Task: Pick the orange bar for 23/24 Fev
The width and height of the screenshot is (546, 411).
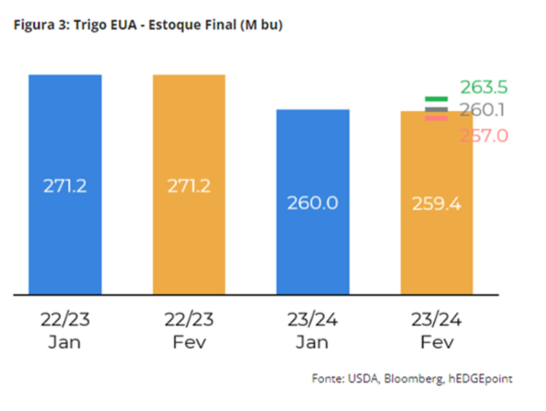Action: [x=437, y=249]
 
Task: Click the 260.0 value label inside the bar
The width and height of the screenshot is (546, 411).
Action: [x=312, y=204]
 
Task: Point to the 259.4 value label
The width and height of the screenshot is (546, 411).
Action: [x=437, y=204]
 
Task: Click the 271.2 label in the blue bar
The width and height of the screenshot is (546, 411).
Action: [x=65, y=186]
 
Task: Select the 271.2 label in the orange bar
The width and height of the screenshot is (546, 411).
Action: [x=189, y=186]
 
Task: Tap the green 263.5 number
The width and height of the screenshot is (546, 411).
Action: [x=484, y=87]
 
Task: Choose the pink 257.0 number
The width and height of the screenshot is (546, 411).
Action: [x=484, y=136]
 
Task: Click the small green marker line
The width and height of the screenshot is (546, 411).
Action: [x=437, y=100]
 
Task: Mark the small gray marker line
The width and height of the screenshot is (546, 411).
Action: [x=437, y=109]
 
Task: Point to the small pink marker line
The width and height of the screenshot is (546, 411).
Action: [x=437, y=118]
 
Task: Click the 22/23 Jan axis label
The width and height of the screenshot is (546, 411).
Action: [x=65, y=331]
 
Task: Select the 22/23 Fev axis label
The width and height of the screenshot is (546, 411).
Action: [x=189, y=331]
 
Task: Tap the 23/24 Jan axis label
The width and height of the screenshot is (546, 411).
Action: [x=312, y=331]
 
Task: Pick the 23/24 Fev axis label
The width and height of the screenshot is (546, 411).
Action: [x=437, y=331]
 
